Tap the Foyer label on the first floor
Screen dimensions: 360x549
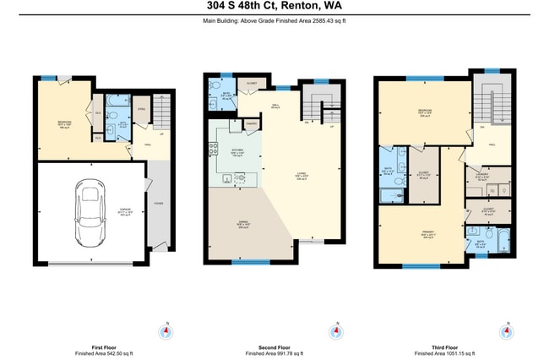159,203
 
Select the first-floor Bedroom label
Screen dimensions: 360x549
63,123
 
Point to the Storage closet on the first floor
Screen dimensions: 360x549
141,109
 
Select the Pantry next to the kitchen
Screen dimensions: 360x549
250,124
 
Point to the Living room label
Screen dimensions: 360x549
300,176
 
